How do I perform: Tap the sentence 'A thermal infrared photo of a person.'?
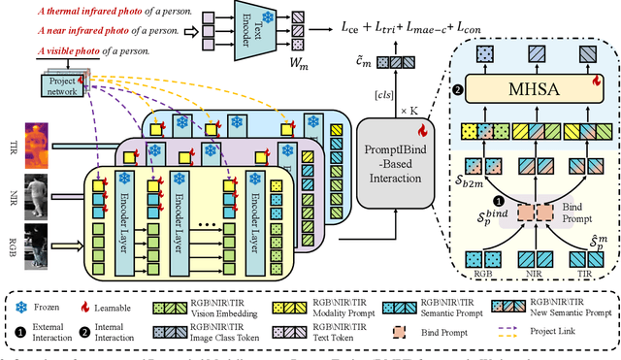click(107, 14)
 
